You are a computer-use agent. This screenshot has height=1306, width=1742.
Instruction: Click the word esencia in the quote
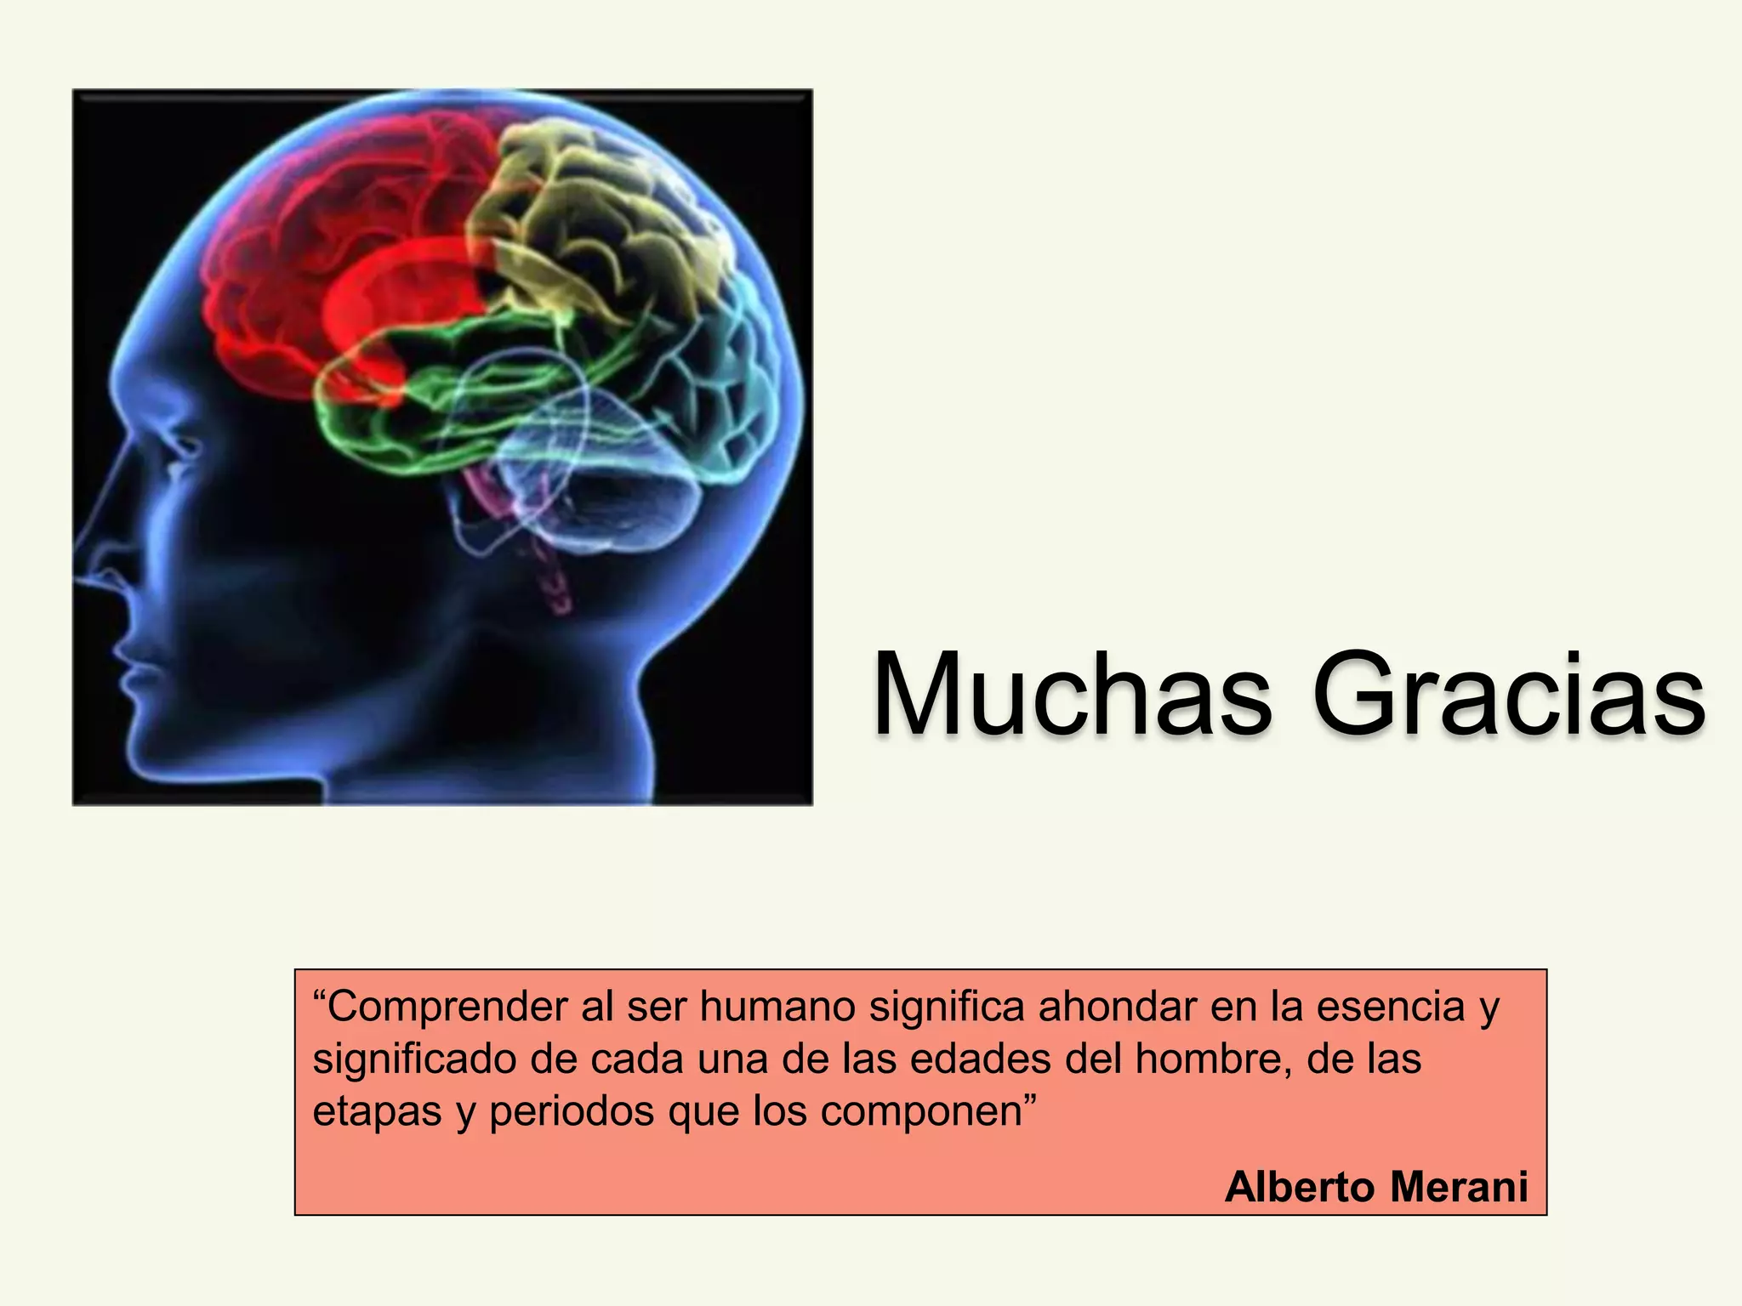coord(1391,1008)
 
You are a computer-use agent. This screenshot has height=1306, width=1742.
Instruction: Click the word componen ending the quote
coord(924,1111)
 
